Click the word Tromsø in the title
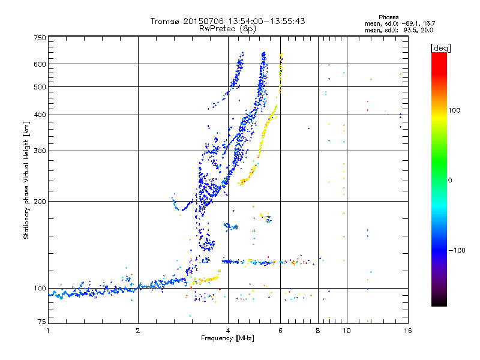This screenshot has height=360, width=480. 165,21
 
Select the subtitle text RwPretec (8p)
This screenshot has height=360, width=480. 227,29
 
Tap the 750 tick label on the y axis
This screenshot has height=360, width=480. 40,38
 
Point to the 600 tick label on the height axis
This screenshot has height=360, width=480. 40,64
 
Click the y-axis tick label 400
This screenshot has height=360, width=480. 40,115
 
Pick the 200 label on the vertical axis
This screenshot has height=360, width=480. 40,202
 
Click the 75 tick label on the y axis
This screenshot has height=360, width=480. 42,322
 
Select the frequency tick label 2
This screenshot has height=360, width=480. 138,331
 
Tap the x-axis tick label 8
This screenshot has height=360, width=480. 318,331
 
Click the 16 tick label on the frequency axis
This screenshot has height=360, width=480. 408,331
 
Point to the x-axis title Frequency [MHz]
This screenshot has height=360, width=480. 227,338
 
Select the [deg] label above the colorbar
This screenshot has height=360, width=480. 440,48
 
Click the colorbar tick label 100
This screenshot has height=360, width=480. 454,110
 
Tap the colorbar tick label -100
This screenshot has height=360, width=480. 457,250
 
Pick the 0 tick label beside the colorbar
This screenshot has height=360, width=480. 450,181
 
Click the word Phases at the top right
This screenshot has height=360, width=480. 388,17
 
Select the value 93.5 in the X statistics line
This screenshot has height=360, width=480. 410,31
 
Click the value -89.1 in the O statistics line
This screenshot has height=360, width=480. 410,24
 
